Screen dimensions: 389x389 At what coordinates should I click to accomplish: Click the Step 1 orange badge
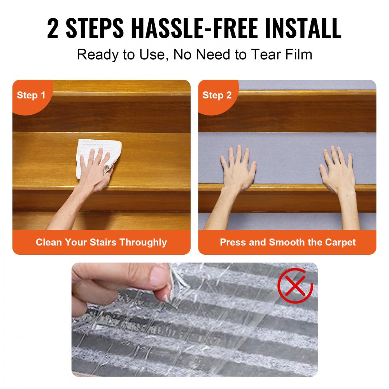click(x=31, y=96)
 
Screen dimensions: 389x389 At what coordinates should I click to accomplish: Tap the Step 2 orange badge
click(x=217, y=96)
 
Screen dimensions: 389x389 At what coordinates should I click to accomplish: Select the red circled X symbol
click(x=295, y=286)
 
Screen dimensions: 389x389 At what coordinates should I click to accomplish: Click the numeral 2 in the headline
click(x=53, y=28)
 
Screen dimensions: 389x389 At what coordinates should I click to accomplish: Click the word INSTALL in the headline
click(x=303, y=28)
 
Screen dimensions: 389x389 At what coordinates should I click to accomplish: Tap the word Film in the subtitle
click(x=298, y=54)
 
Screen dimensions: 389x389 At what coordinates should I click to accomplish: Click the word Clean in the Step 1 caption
click(x=49, y=242)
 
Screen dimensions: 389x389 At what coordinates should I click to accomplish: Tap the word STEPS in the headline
click(x=95, y=28)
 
